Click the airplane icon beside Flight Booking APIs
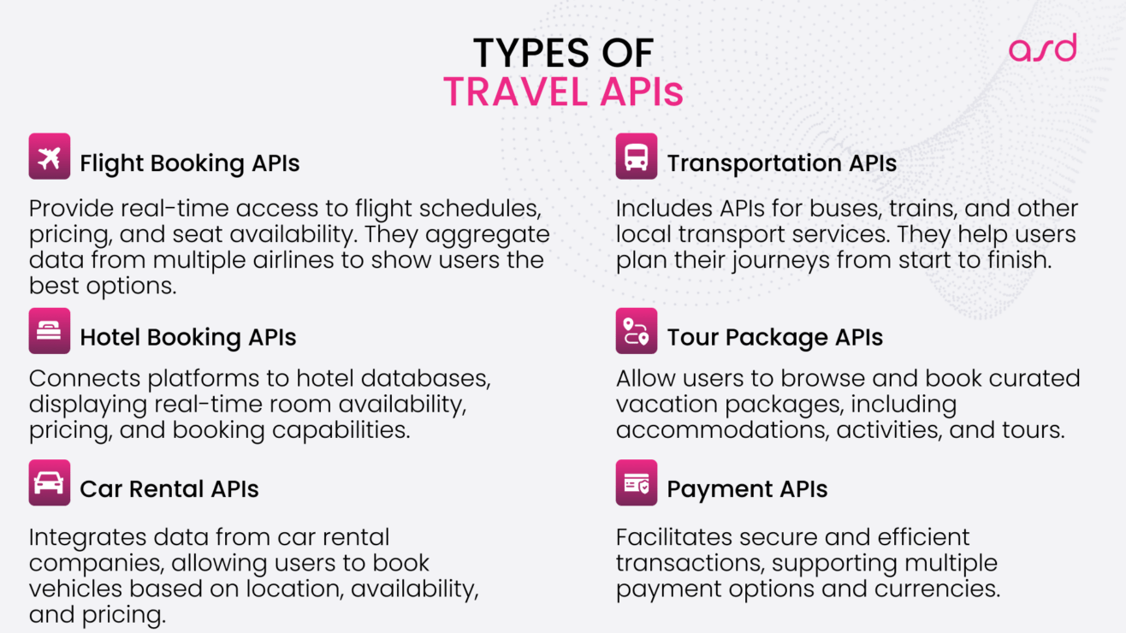(50, 157)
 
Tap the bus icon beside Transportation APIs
(637, 157)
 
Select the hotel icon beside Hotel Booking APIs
(50, 331)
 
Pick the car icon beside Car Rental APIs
(50, 483)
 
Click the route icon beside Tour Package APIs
(637, 331)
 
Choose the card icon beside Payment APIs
(637, 483)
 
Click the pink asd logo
(1042, 49)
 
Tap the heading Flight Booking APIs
(190, 163)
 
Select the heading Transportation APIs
(781, 163)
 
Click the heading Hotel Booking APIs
(188, 338)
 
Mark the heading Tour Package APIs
(774, 338)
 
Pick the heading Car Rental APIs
(169, 489)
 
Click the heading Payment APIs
(747, 489)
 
